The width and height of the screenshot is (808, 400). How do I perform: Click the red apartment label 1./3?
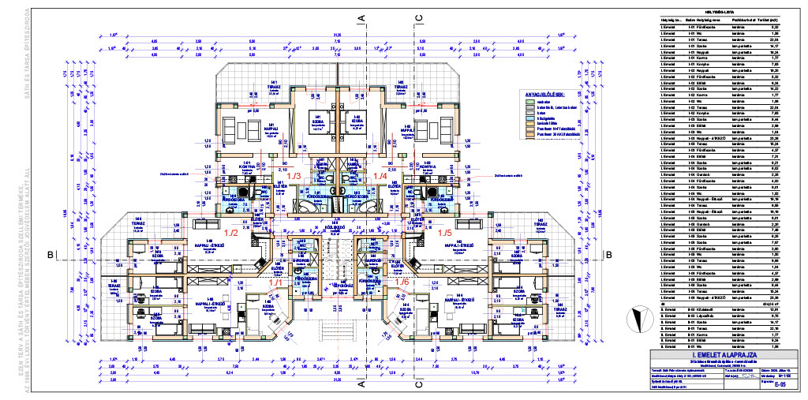[x=294, y=175]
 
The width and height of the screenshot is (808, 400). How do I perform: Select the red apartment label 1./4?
[x=380, y=175]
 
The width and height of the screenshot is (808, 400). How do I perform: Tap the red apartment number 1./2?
[x=231, y=233]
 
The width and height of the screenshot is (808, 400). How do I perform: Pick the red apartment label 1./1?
[x=276, y=282]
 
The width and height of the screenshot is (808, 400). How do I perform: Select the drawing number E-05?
[x=780, y=387]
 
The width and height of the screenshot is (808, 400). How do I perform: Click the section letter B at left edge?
[x=49, y=255]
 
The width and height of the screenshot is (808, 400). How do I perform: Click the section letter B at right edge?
[x=609, y=255]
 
